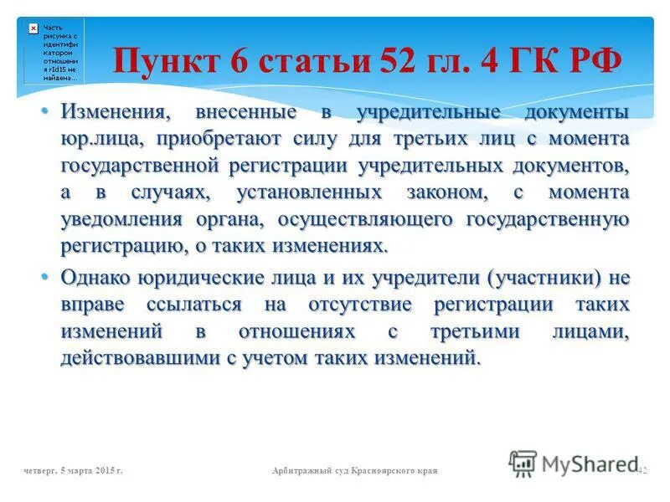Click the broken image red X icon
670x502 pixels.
click(x=33, y=28)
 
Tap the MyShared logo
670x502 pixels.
click(x=570, y=463)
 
